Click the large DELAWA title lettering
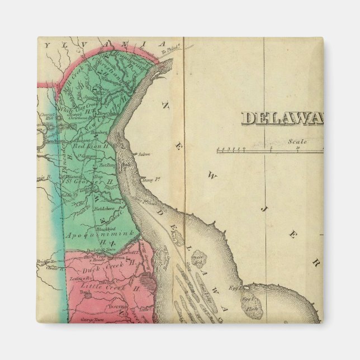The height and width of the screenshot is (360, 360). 282,118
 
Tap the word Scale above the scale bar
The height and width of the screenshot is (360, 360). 293,142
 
